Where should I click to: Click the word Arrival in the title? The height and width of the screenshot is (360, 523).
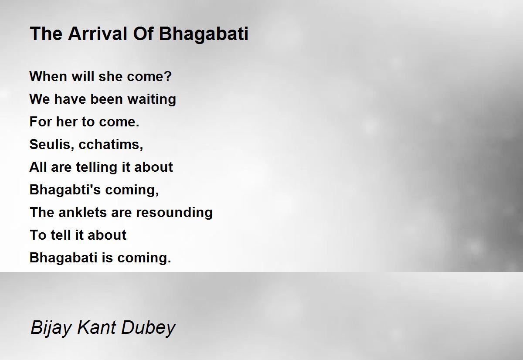coord(98,34)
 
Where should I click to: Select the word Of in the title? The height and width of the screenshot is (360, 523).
coord(143,34)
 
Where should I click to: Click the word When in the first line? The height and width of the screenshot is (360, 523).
coord(48,76)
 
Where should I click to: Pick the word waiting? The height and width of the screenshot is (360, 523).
coord(152,99)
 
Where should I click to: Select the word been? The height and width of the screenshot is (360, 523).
coord(106,99)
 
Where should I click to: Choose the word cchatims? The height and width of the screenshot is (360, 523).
coord(111,145)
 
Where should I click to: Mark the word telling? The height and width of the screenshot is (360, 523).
coord(97,167)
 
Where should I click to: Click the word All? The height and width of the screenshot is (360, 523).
coord(38,167)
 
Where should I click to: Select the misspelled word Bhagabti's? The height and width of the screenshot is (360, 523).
coord(65,190)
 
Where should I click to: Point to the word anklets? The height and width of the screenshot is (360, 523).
coord(82,212)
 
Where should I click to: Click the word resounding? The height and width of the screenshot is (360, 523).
coord(174,213)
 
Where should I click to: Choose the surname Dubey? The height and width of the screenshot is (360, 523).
coord(148,328)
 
